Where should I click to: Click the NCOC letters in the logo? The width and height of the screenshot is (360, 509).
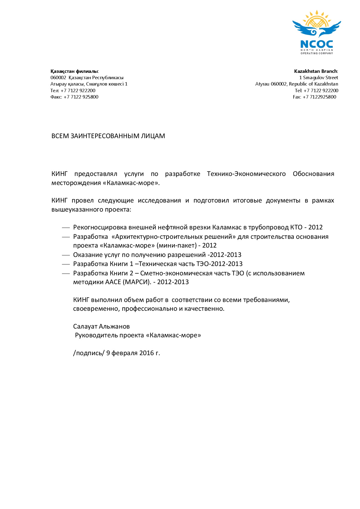(316, 45)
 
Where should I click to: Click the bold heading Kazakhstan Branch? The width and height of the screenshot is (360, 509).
(316, 71)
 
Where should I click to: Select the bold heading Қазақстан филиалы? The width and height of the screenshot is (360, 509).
(74, 71)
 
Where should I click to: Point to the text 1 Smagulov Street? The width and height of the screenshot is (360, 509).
(319, 78)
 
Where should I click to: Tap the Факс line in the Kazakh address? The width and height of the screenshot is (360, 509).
(74, 97)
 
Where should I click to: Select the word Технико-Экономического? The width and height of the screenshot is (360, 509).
(246, 174)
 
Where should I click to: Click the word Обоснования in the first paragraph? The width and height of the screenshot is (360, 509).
(313, 174)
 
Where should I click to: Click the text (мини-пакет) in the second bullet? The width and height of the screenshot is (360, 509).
(176, 245)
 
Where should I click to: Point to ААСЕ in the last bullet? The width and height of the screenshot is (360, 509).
(113, 282)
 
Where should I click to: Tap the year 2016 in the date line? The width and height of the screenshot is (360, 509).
(147, 353)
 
